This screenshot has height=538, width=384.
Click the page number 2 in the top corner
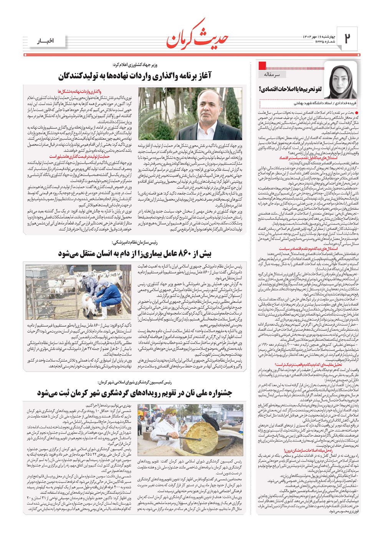(x=347, y=38)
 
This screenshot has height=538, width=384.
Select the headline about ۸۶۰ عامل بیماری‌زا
(x=135, y=254)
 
